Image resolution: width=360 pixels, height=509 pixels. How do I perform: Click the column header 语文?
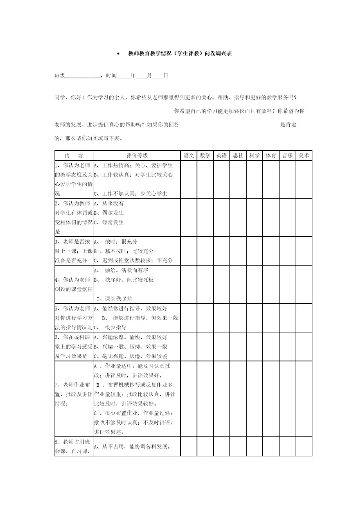[189, 156]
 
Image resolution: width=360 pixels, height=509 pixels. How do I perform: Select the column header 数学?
[205, 156]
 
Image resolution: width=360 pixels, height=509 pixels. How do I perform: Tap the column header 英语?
[222, 156]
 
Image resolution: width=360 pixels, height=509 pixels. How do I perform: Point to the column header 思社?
[238, 156]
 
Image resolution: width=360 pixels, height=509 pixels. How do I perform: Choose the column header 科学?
[255, 156]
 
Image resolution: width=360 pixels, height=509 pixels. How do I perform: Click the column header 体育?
[271, 156]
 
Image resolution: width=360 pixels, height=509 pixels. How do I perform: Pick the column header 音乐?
[287, 156]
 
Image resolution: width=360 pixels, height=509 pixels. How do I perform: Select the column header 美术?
[304, 156]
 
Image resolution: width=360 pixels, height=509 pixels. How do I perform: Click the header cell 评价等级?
[137, 156]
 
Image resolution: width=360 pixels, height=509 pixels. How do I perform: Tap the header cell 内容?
[74, 156]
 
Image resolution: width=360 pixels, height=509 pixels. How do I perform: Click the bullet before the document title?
[118, 54]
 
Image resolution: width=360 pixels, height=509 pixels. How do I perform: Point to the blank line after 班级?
[83, 76]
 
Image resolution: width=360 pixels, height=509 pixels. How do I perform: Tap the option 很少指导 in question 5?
[115, 327]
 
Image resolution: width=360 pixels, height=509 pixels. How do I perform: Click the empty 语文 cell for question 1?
[189, 179]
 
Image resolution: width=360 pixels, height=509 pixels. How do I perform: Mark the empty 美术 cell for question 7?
[304, 399]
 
